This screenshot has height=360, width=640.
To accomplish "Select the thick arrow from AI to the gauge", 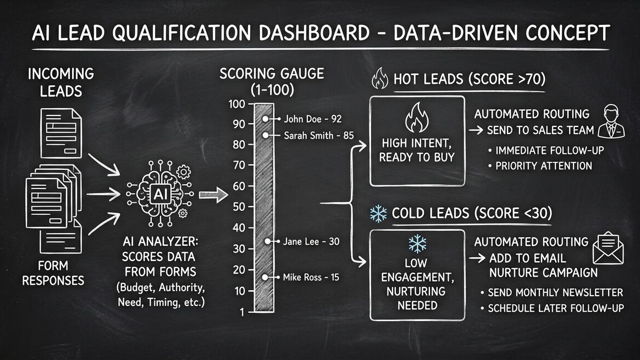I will point(212,195).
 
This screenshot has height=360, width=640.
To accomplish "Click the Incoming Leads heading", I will point(61,81).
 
